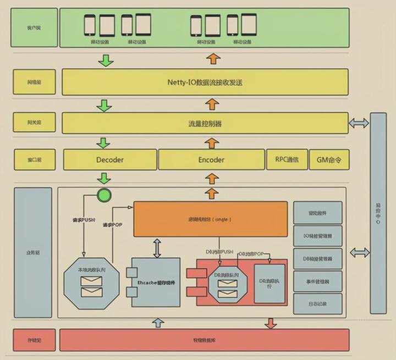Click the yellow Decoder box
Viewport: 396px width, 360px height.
coord(110,160)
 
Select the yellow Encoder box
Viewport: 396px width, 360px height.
coord(211,160)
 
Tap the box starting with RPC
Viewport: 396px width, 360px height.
coord(287,159)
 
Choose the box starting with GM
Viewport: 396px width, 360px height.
coord(329,160)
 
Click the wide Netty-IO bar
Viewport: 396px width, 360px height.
coord(205,82)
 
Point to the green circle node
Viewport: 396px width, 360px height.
coord(104,195)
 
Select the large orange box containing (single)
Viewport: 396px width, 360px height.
coord(210,219)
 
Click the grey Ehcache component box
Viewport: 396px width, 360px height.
coord(156,282)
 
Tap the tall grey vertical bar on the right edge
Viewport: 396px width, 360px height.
coord(378,213)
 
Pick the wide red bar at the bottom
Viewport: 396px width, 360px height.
coord(204,340)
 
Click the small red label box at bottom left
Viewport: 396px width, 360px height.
coord(34,340)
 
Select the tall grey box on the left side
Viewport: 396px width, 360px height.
coord(33,252)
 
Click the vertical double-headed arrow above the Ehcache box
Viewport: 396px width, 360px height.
coord(157,248)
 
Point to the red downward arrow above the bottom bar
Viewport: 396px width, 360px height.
coord(271,323)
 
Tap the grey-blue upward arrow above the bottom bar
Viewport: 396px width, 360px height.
coord(158,323)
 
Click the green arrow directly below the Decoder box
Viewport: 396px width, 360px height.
coord(103,178)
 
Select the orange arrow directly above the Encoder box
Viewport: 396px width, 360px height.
coord(212,143)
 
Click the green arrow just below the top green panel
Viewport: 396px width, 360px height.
coord(105,60)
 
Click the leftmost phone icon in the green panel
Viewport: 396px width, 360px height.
coord(90,25)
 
